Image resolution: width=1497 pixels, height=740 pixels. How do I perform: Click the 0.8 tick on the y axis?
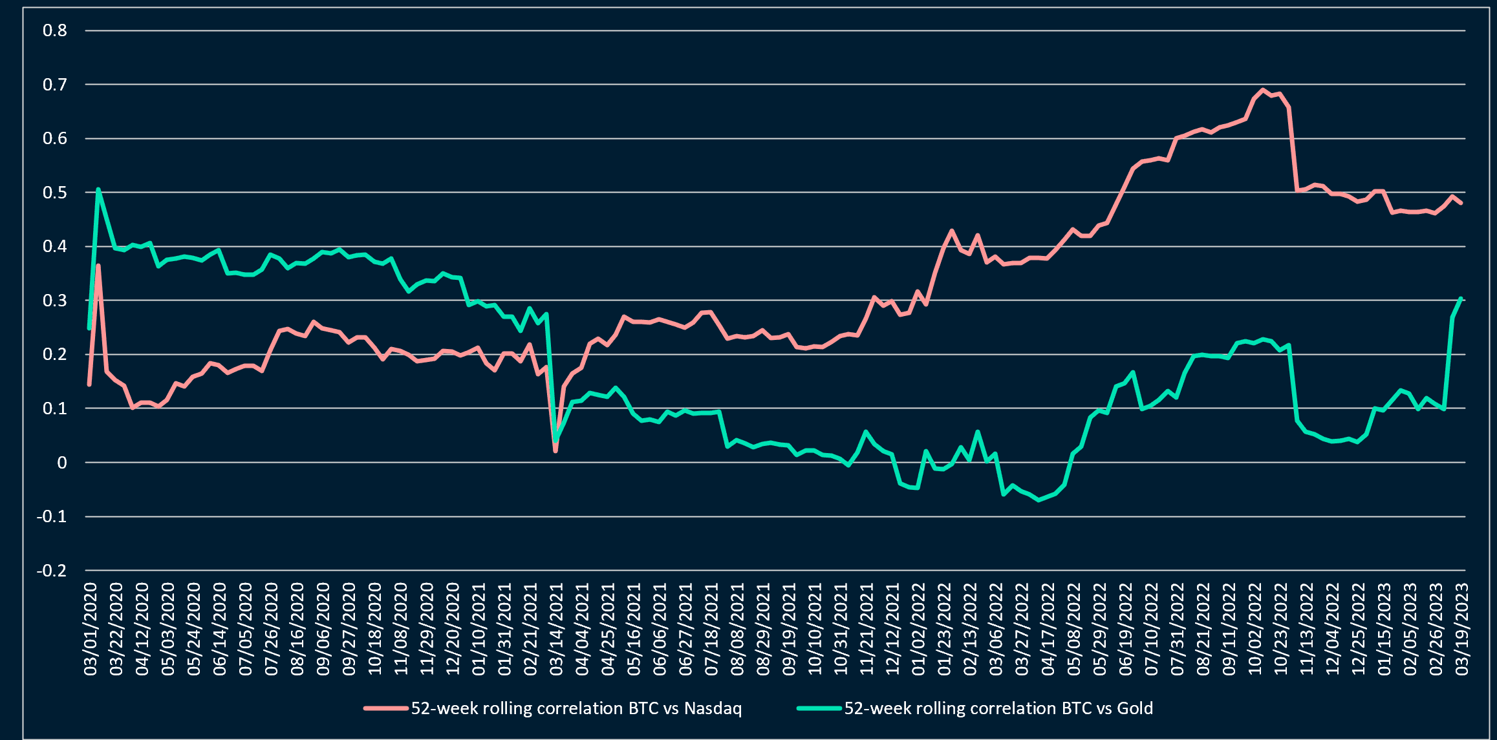point(55,30)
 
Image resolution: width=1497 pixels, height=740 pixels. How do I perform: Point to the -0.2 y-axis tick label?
point(52,571)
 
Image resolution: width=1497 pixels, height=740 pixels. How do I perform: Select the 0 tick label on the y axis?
point(62,463)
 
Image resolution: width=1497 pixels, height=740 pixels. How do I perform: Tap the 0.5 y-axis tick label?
point(55,193)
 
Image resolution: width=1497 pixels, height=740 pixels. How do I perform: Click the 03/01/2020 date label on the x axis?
point(91,629)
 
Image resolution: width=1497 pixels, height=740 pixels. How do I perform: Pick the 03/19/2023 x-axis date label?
point(1462,629)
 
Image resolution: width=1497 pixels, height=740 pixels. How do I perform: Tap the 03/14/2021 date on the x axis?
point(556,629)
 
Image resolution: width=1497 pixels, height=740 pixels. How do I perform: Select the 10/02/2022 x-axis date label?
point(1255,629)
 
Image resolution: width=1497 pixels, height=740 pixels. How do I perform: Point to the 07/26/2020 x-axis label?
point(272,629)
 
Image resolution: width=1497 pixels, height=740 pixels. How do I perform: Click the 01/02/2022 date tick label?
point(919,629)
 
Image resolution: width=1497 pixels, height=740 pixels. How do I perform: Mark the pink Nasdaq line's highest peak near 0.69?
point(1263,90)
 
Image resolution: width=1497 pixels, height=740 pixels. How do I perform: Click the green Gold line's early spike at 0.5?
point(98,189)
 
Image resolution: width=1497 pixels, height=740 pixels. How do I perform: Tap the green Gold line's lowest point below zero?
point(1039,500)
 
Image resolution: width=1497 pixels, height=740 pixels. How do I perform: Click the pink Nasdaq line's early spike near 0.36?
point(98,265)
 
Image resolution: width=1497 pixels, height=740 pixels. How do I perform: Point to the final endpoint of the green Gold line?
point(1461,299)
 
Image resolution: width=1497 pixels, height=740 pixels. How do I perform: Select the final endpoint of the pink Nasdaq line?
point(1461,203)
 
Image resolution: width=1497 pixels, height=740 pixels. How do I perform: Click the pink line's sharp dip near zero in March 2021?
point(555,450)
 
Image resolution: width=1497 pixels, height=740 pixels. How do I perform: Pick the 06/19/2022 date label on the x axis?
point(1126,629)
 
